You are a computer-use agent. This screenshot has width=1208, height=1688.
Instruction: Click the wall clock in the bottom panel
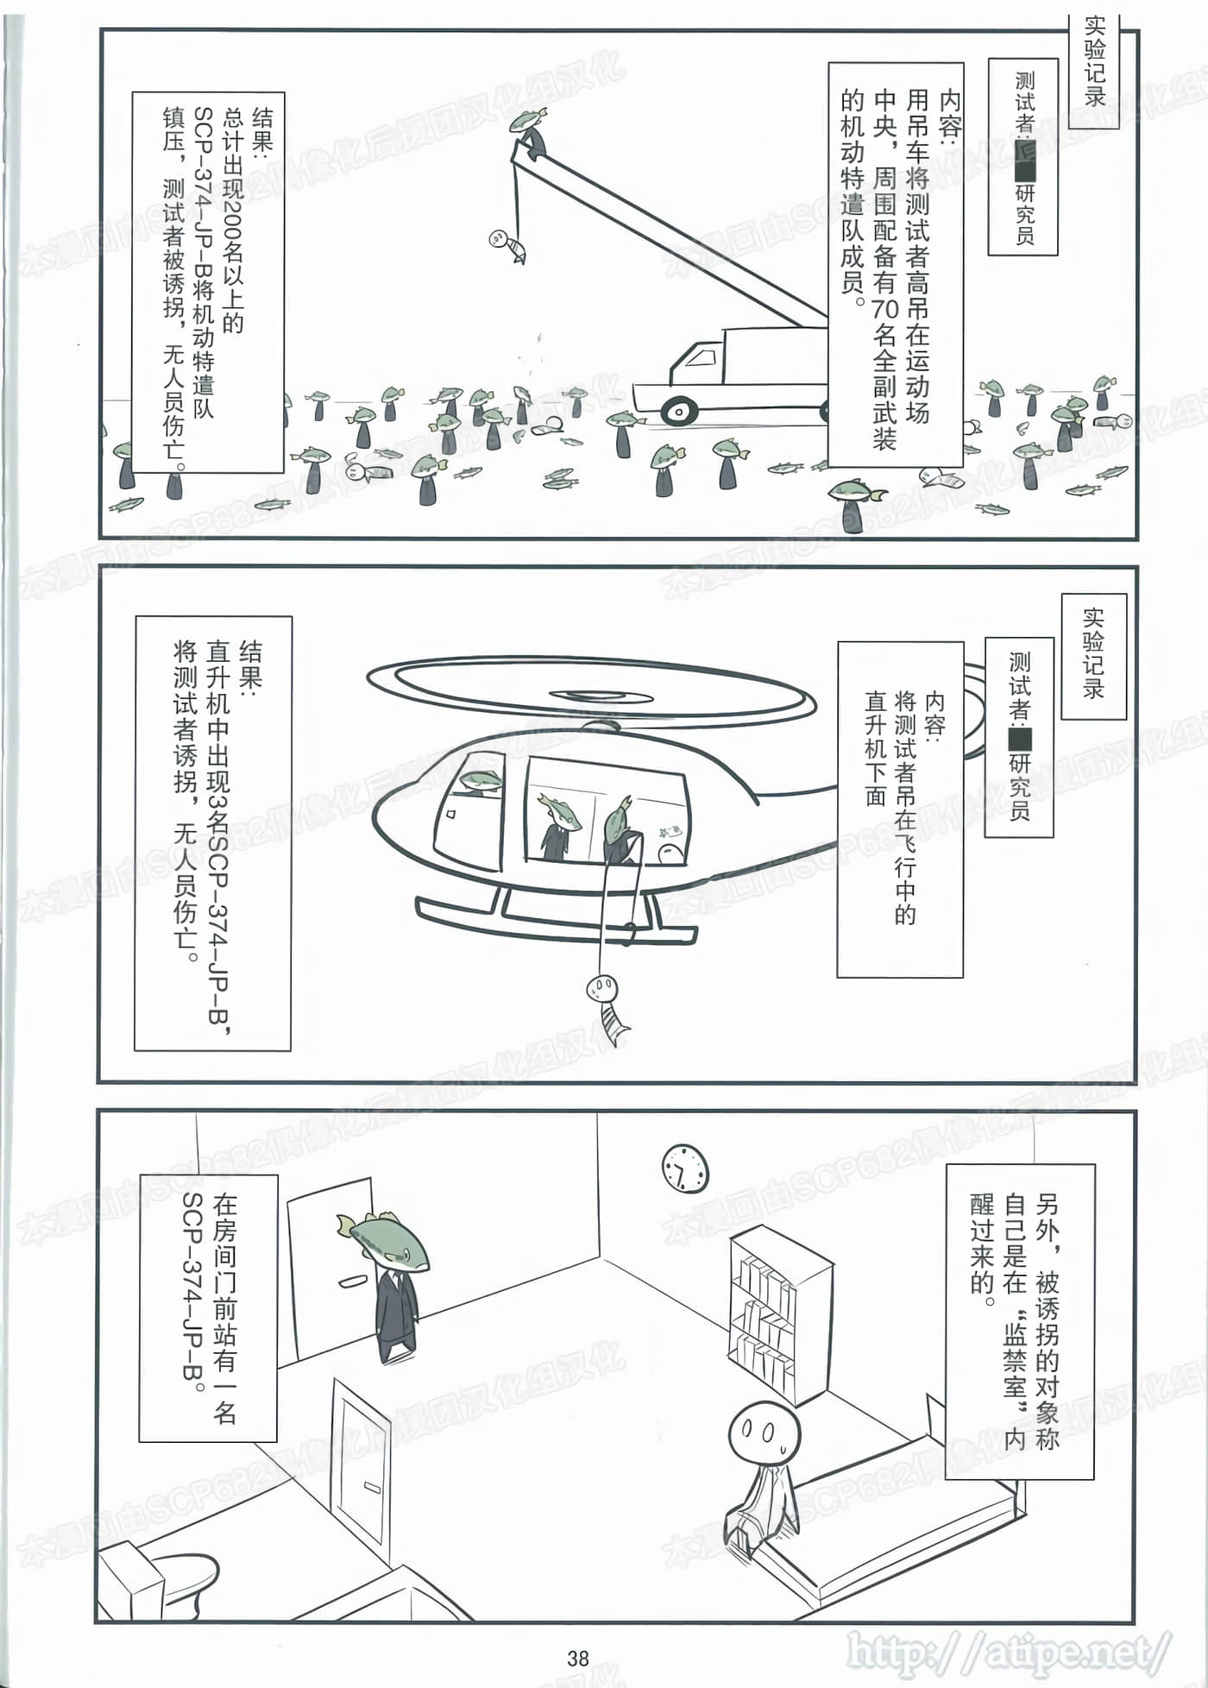685,1168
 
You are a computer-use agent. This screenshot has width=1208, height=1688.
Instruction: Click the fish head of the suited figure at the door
387,1239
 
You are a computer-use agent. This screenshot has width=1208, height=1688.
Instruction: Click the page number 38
578,1658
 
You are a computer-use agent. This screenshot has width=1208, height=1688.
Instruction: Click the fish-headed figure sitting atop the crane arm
529,129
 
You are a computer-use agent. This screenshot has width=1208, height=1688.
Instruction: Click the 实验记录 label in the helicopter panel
1093,655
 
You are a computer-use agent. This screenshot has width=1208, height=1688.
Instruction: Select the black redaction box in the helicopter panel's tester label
1019,739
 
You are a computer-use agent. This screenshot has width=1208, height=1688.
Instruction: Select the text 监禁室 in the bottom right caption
1015,1364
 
